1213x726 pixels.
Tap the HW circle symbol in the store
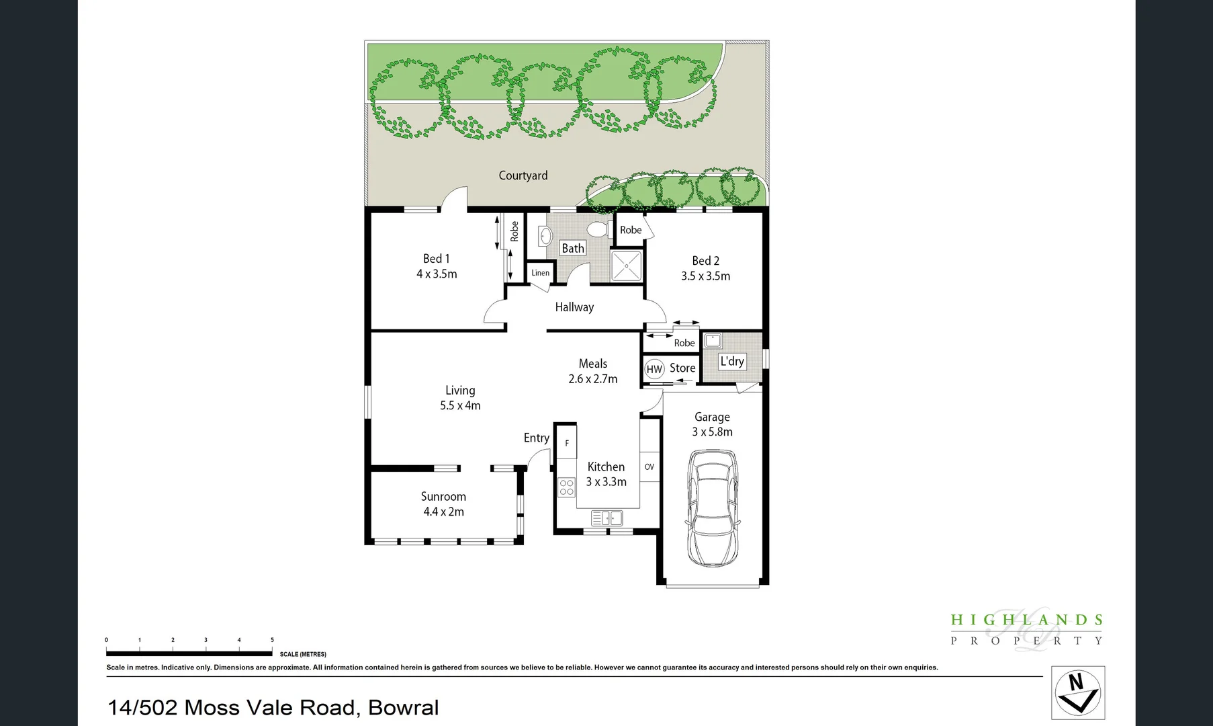pos(654,369)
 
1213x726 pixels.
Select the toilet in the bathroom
pos(597,230)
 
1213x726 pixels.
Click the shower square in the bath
pos(626,266)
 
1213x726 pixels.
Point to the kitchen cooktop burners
pos(567,487)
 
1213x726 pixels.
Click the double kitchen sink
pos(606,518)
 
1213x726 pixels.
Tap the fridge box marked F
pos(567,443)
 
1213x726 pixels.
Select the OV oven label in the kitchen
pos(649,467)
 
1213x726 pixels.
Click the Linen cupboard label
pos(540,273)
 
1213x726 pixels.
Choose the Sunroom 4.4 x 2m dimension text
pos(443,512)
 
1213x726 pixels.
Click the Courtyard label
pos(523,175)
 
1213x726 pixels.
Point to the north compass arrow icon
pos(1077,693)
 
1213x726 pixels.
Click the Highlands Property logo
pos(1026,629)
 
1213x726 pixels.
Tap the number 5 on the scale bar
pos(272,640)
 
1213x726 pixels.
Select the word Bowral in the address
pos(403,707)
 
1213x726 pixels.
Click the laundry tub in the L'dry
pos(713,340)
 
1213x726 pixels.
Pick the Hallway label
pos(574,307)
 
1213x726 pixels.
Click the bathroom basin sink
pos(545,236)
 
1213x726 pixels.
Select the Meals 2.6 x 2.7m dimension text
pos(592,379)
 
